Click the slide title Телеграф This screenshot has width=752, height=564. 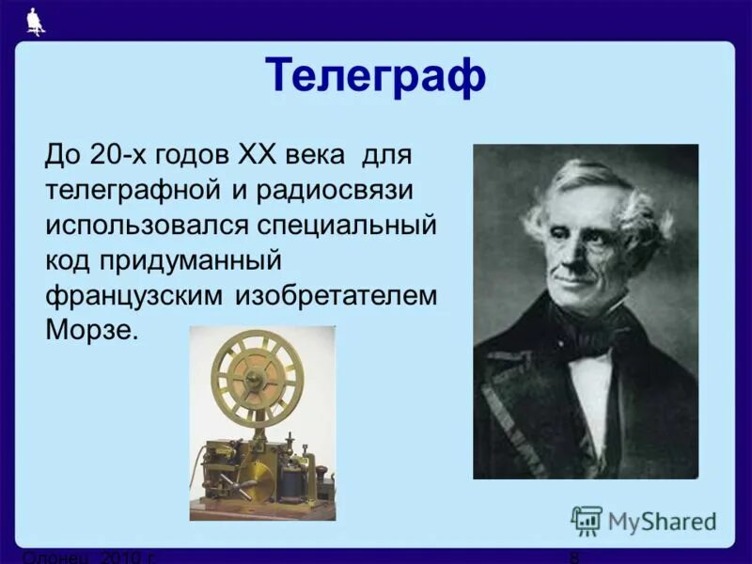[x=375, y=75]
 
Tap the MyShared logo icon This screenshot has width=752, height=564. [x=586, y=520]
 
